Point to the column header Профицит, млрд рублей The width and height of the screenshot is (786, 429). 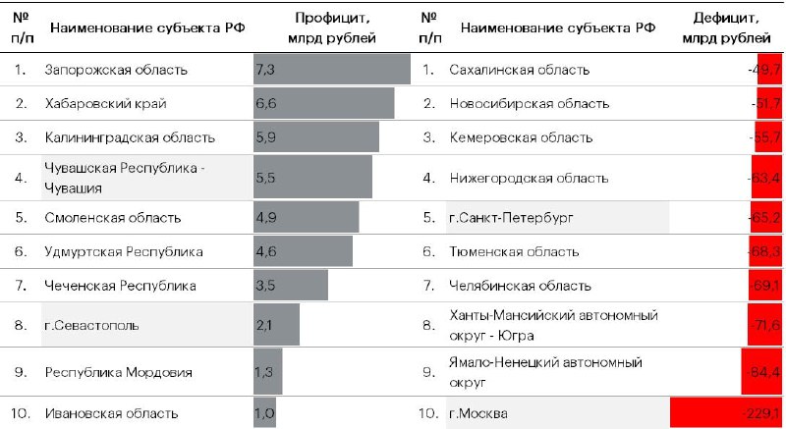pos(331,28)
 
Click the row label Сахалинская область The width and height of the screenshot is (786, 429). pos(519,71)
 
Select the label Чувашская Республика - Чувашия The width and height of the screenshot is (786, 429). pos(125,177)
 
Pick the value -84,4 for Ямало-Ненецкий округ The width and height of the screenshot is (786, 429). pos(763,372)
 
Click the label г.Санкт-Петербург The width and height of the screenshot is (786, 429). pos(511,216)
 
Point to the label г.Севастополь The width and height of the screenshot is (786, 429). pos(91,325)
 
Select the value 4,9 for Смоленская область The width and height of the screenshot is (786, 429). pos(265,216)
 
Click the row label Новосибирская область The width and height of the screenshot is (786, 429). pos(529,104)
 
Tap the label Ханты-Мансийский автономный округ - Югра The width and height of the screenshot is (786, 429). pos(553,325)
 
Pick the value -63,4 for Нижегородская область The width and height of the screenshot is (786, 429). pos(763,178)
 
